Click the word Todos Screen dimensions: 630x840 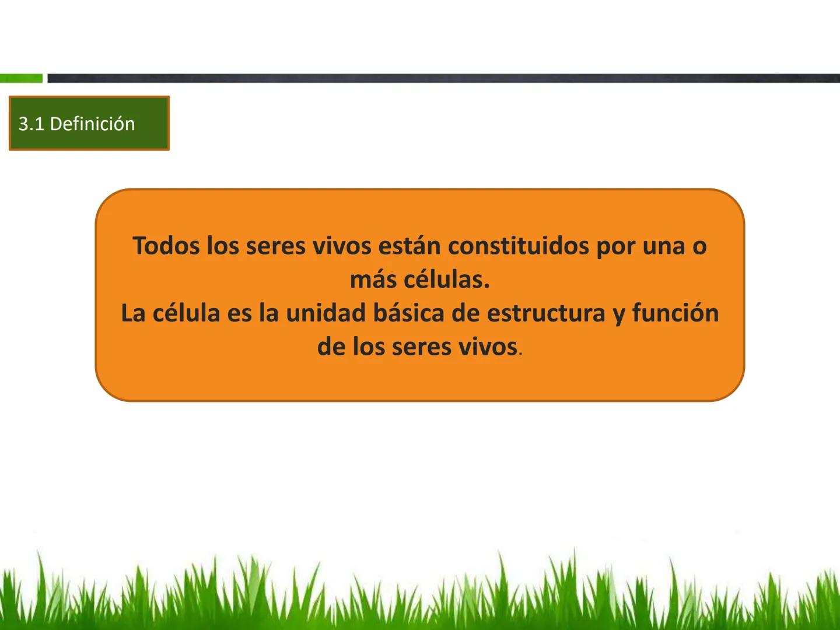(166, 246)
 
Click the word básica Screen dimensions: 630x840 (404, 313)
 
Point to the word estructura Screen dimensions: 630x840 (547, 313)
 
